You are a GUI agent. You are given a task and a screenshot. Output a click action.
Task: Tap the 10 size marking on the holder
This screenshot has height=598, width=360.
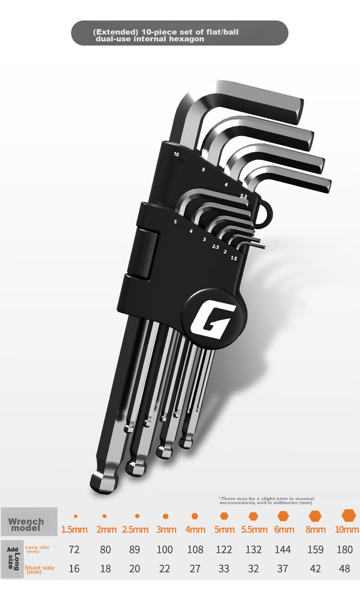[x=176, y=154]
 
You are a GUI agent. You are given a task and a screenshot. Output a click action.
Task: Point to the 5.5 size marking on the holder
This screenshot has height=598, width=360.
[x=243, y=196]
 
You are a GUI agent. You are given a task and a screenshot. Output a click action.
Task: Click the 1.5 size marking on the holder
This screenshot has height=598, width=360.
[x=234, y=258]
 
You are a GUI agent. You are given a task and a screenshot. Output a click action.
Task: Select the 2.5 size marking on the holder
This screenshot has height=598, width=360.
[x=216, y=247]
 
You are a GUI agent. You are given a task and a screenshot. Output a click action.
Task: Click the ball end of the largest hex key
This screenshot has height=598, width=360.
[x=104, y=482]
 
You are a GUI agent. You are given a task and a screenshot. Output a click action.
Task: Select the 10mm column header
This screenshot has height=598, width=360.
[x=347, y=529]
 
